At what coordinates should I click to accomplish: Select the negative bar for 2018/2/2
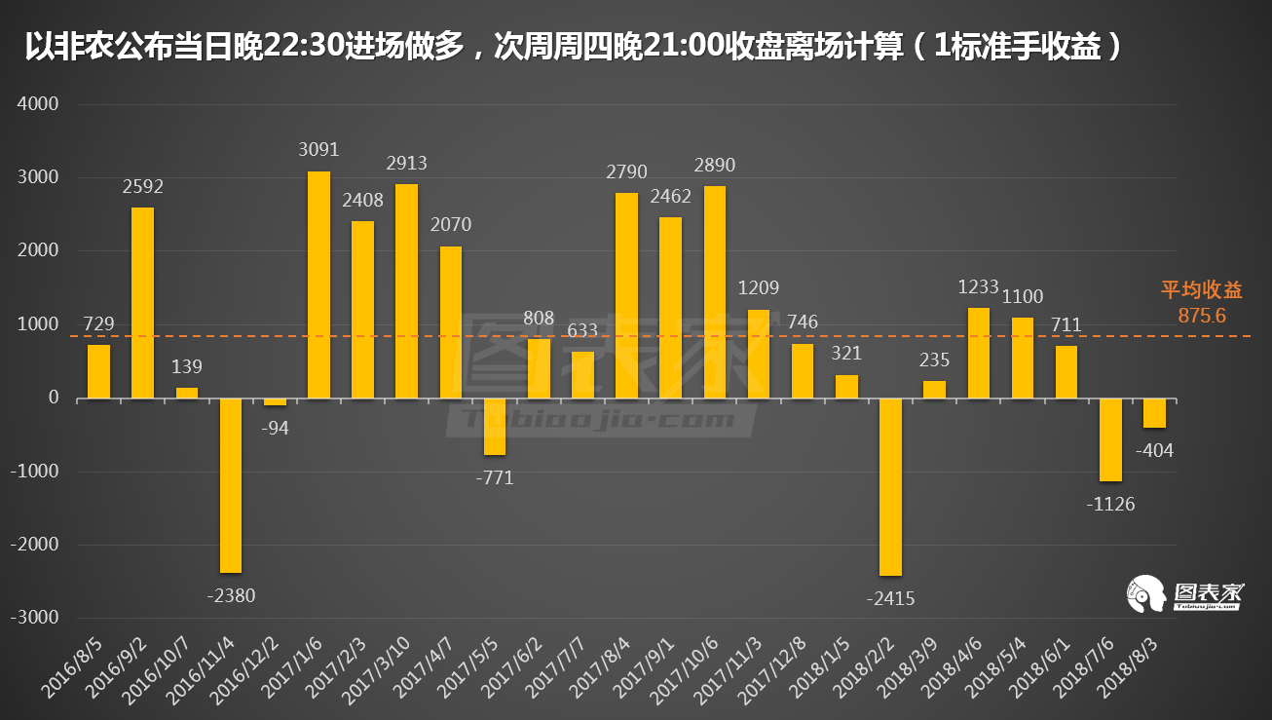click(x=890, y=486)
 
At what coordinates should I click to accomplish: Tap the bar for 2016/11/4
click(x=231, y=485)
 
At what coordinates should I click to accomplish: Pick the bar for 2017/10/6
click(x=715, y=292)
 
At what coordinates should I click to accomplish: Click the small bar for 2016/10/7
click(x=186, y=393)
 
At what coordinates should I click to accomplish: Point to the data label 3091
click(x=318, y=150)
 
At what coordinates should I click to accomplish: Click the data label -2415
click(x=890, y=598)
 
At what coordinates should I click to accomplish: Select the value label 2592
click(x=143, y=186)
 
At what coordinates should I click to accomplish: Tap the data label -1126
click(x=1109, y=504)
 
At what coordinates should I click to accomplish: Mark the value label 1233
click(x=979, y=286)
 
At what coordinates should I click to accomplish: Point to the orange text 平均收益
click(x=1201, y=290)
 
